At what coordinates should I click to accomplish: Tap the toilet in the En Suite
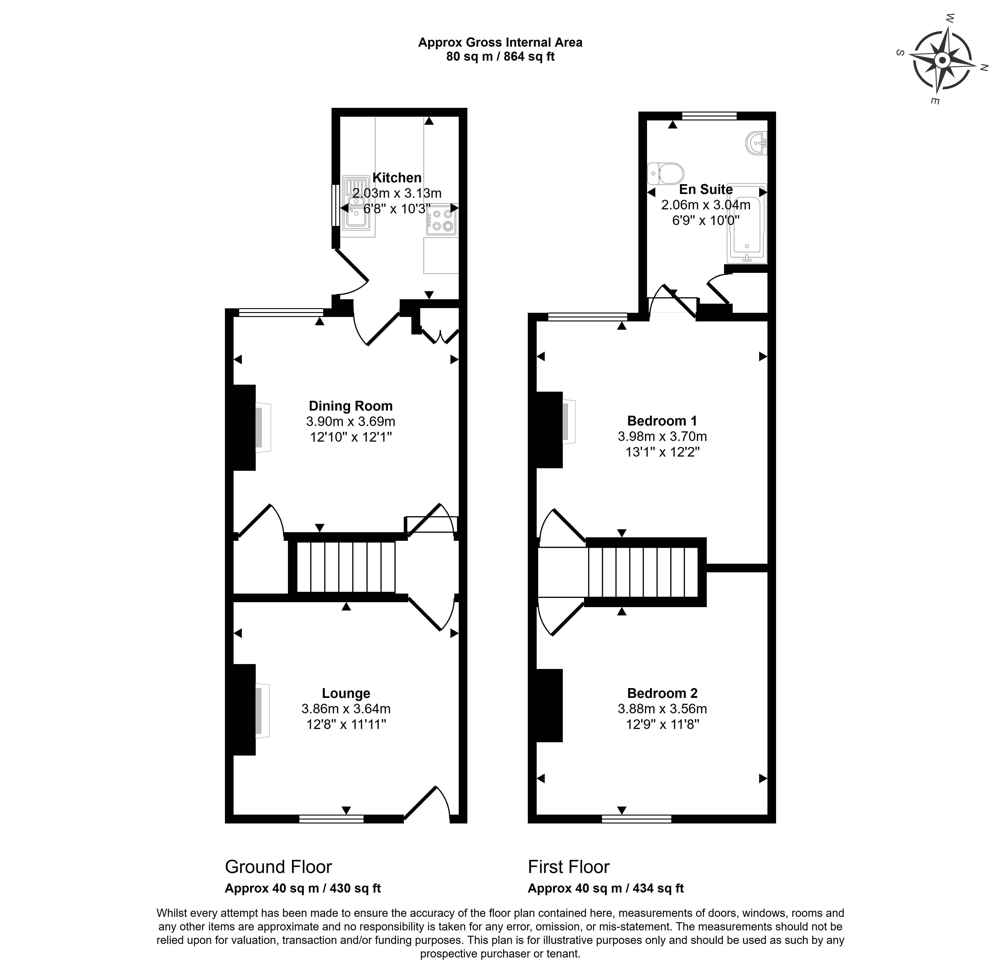pos(666,173)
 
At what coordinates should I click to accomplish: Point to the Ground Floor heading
pos(278,866)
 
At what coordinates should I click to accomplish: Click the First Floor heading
pos(569,866)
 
